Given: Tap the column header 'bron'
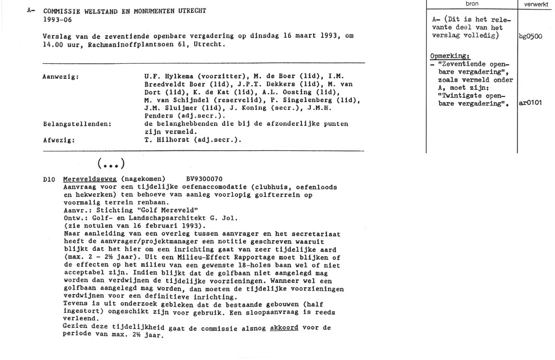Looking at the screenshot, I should click(472, 4).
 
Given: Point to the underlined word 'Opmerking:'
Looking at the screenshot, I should click(450, 57).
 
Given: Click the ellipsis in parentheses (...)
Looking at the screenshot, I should click(110, 164).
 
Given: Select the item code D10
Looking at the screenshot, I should click(50, 180).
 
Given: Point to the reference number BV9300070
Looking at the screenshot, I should click(205, 180).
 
